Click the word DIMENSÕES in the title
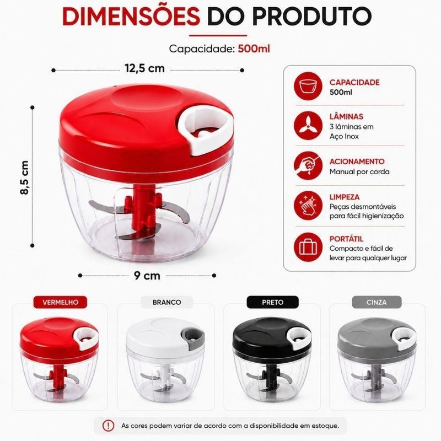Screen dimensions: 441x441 [x=131, y=17]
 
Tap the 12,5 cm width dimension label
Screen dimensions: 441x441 [x=144, y=68]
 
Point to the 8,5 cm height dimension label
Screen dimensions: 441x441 [x=25, y=178]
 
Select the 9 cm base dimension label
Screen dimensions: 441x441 [x=147, y=275]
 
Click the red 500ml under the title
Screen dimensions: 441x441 [x=254, y=49]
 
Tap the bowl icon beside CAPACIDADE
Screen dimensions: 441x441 [x=308, y=86]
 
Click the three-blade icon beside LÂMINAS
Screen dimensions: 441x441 [x=308, y=126]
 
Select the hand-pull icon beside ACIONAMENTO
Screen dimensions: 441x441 [x=308, y=166]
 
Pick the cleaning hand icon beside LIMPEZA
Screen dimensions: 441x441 [x=308, y=206]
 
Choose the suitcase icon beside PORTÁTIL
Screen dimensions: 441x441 [x=308, y=247]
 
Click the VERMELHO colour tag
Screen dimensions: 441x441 [x=60, y=302]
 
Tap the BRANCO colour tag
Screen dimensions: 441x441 [x=167, y=302]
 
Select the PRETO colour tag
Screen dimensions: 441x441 [x=272, y=302]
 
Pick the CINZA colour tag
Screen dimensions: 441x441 [x=377, y=302]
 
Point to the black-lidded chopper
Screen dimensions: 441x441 [x=272, y=359]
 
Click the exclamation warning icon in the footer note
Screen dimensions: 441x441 [x=108, y=425]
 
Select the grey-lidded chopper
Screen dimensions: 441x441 [x=377, y=359]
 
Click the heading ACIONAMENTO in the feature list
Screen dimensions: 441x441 [x=357, y=162]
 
